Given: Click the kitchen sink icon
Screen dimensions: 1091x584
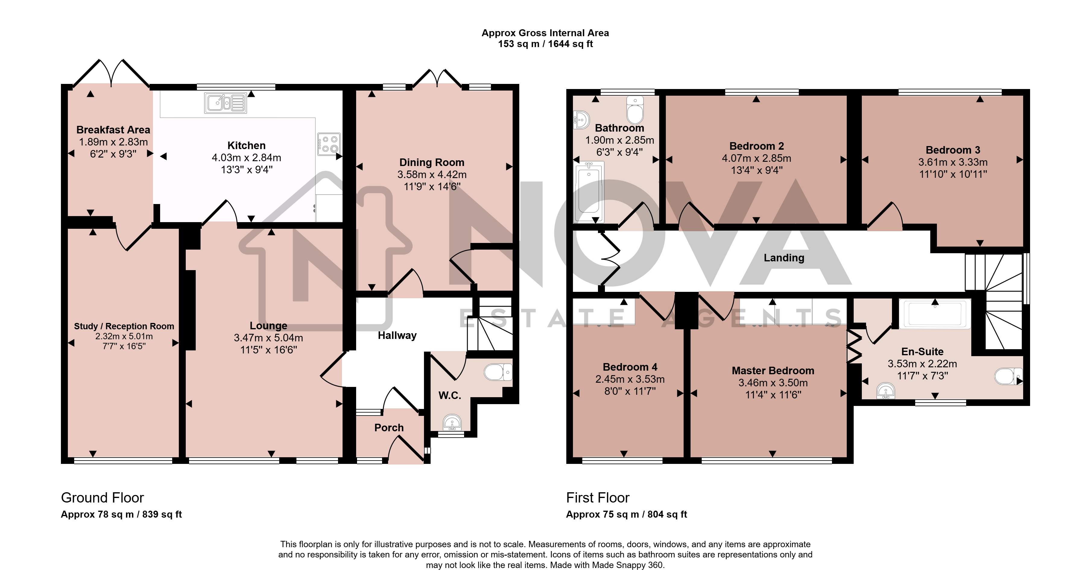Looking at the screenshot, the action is [x=225, y=103].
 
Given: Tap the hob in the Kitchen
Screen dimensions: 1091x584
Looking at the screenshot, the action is [x=329, y=144].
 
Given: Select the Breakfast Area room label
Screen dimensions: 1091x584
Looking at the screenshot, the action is [x=113, y=130].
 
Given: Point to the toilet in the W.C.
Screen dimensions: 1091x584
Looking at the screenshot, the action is [x=498, y=372].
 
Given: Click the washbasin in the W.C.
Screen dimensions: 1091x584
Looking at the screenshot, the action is [x=452, y=423].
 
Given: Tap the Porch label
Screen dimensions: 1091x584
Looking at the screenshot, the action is [x=389, y=428].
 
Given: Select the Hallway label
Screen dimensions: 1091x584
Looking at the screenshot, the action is [x=397, y=335].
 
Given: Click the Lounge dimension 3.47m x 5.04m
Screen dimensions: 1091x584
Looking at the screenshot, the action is [x=268, y=338].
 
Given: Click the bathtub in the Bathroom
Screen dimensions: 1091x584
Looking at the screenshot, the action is [x=589, y=193].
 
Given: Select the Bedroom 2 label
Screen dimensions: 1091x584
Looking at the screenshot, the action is [x=756, y=146].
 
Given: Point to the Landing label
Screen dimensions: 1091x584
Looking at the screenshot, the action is [x=784, y=258].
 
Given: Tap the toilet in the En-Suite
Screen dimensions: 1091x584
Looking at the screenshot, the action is [x=1008, y=376].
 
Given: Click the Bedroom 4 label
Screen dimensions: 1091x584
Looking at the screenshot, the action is [x=630, y=367].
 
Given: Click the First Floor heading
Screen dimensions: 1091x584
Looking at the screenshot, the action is [x=598, y=498].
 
